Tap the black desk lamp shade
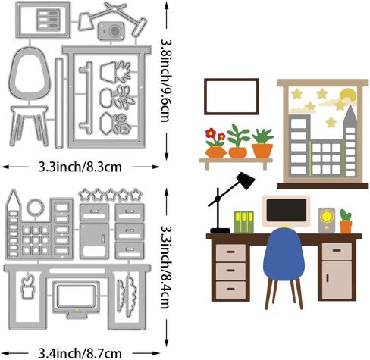245,180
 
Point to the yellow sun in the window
348,95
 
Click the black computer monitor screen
287,210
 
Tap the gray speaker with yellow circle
326,220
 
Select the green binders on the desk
243,221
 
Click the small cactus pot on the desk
346,221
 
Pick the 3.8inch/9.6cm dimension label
167,80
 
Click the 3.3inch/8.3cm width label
80,167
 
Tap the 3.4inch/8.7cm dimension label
80,353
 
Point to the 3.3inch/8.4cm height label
166,267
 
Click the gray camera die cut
111,31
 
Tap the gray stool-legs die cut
29,126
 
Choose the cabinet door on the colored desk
337,280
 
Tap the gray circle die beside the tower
36,207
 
